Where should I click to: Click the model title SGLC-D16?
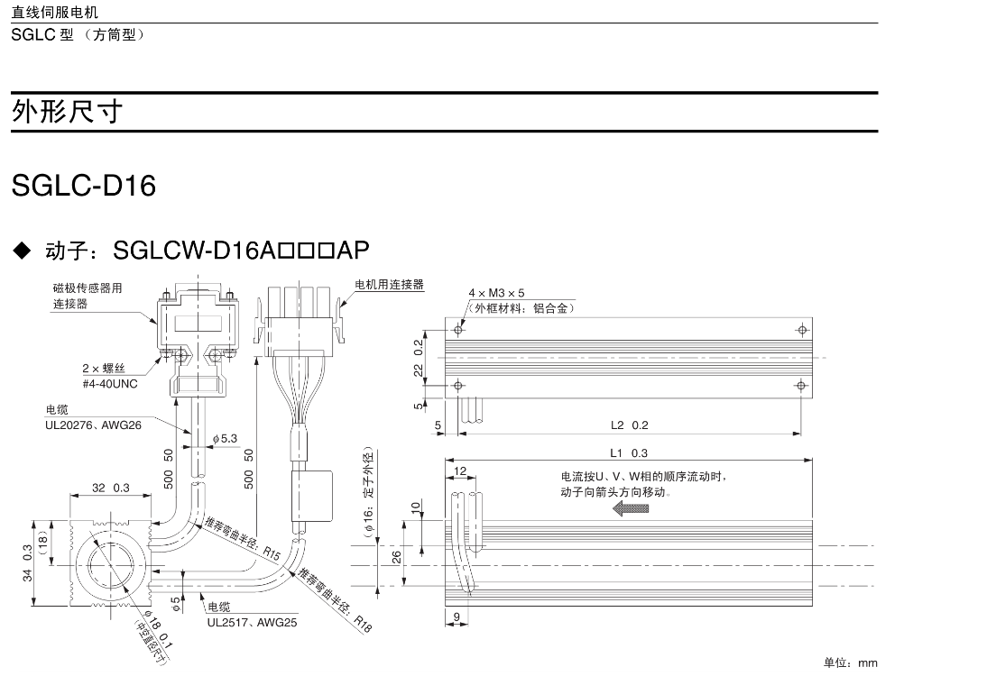pyautogui.click(x=84, y=186)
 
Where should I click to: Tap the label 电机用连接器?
pyautogui.click(x=389, y=284)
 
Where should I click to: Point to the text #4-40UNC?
pyautogui.click(x=110, y=382)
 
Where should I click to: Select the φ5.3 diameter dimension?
pyautogui.click(x=225, y=438)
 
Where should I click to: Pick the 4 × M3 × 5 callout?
pyautogui.click(x=496, y=293)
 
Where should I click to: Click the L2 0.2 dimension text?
pyautogui.click(x=629, y=425)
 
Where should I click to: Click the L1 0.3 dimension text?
pyautogui.click(x=629, y=452)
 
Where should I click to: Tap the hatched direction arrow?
pyautogui.click(x=630, y=509)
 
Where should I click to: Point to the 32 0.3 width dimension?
pyautogui.click(x=110, y=488)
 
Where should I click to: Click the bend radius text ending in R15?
pyautogui.click(x=243, y=537)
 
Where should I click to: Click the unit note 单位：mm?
pyautogui.click(x=850, y=662)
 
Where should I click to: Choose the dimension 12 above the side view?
pyautogui.click(x=460, y=471)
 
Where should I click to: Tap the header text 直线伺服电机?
pyautogui.click(x=55, y=13)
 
